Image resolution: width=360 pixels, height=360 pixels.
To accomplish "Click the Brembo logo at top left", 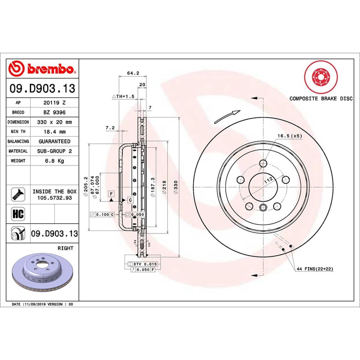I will tap(42, 69).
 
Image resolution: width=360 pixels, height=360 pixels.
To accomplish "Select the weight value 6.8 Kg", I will tap(54, 161).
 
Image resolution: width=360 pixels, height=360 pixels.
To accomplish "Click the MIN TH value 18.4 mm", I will tap(54, 132).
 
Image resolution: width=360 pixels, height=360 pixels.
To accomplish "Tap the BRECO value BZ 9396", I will tap(54, 112).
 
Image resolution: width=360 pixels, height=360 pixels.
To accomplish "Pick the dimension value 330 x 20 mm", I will tap(54, 122).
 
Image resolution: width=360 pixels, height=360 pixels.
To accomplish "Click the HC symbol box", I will tap(18, 214).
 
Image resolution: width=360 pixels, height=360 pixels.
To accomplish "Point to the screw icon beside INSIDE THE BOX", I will tap(18, 194).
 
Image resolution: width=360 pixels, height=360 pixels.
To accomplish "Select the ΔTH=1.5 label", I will tap(123, 97).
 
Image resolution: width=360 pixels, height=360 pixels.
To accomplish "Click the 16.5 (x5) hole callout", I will tap(289, 136).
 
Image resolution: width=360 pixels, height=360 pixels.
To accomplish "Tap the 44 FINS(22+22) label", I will tap(315, 269).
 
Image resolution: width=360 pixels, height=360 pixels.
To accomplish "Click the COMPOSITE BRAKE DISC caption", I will tap(321, 98).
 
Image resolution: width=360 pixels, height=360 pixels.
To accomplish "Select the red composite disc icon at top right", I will tap(321, 77).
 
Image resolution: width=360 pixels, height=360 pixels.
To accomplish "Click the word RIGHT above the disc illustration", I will tap(65, 248).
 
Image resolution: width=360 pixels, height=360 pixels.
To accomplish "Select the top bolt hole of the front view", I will tap(263, 163).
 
